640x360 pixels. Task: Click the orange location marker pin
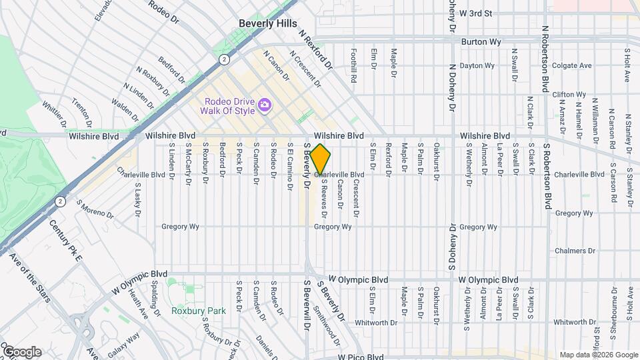(321, 159)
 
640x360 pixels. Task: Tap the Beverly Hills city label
(267, 23)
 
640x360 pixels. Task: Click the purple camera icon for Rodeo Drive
(265, 105)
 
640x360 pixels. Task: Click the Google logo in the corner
(21, 352)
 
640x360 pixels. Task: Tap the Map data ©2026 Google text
(598, 355)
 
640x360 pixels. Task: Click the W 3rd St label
(476, 13)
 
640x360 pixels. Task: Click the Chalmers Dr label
(575, 251)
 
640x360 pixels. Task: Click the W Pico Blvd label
(360, 357)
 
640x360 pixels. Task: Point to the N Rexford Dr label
(315, 49)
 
